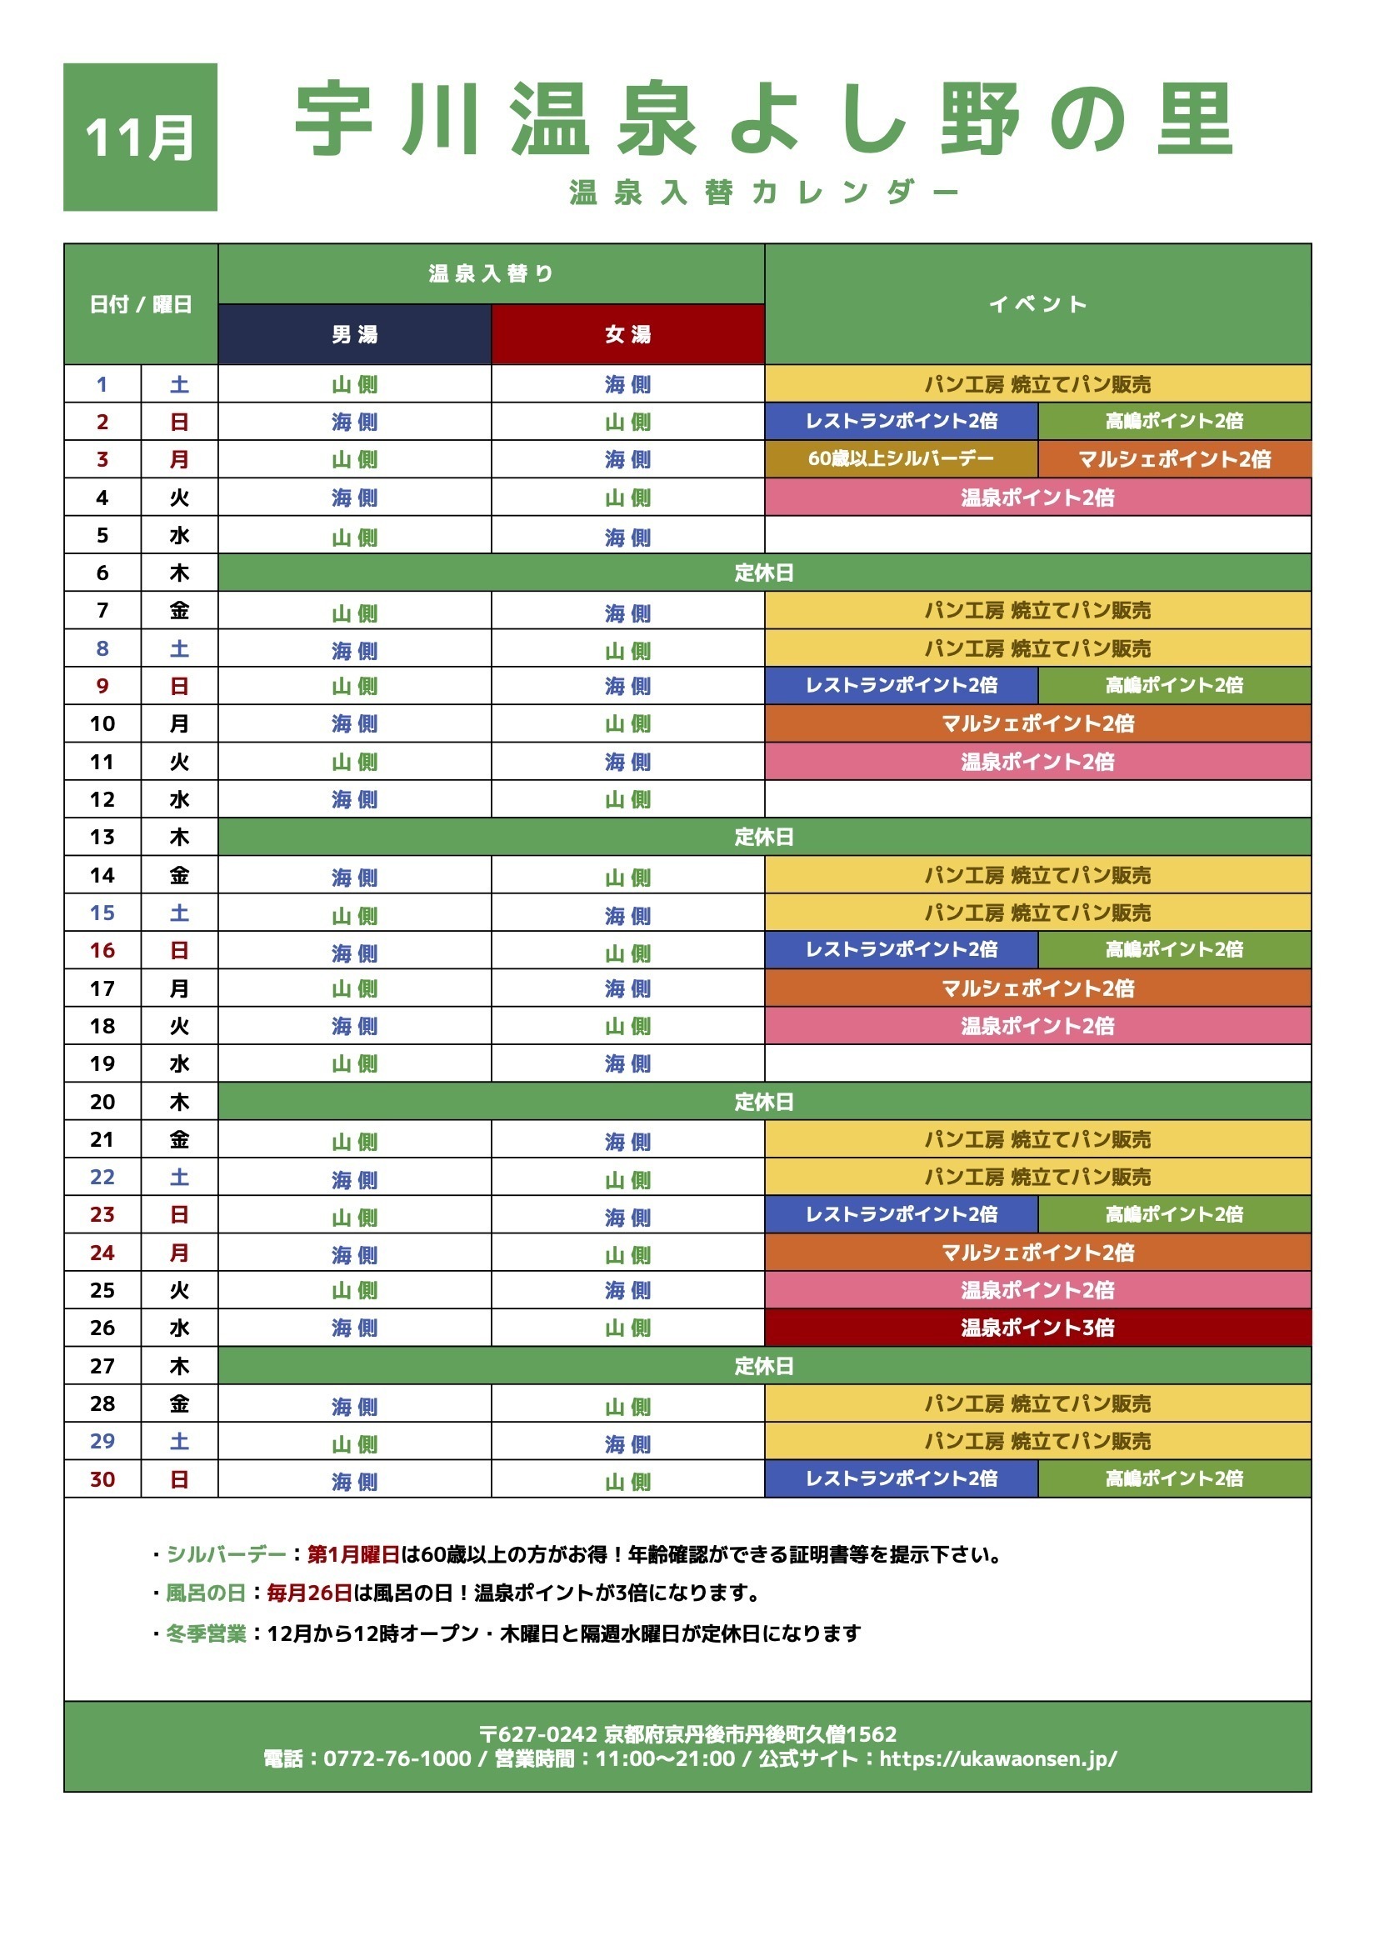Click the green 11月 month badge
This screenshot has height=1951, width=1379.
(x=140, y=137)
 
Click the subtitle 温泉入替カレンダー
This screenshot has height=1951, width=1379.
(x=763, y=193)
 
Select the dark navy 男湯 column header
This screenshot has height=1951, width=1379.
(x=354, y=335)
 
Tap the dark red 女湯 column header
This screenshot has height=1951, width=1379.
(x=628, y=335)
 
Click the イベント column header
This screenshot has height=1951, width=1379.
(x=1037, y=304)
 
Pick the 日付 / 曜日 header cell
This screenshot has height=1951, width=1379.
(x=140, y=304)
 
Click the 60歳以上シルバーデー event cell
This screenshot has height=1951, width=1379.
(x=901, y=459)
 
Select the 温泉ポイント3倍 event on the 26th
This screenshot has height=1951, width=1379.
(x=1037, y=1328)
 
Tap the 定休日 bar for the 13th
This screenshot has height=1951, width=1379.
(x=764, y=837)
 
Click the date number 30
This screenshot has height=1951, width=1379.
(x=102, y=1479)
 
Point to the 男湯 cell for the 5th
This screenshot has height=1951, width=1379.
(x=354, y=536)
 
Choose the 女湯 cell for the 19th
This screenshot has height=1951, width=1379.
(x=628, y=1064)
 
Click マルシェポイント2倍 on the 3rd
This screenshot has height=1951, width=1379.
(x=1174, y=459)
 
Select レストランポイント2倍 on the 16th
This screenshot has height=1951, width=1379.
(x=901, y=950)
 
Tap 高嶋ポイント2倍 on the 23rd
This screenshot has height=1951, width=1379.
(x=1174, y=1214)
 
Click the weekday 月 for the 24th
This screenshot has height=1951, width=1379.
(x=178, y=1253)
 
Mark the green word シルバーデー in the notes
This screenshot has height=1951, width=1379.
(x=226, y=1555)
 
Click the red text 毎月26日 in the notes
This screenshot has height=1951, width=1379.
(x=309, y=1593)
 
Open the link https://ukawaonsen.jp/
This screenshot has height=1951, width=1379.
(x=997, y=1759)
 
